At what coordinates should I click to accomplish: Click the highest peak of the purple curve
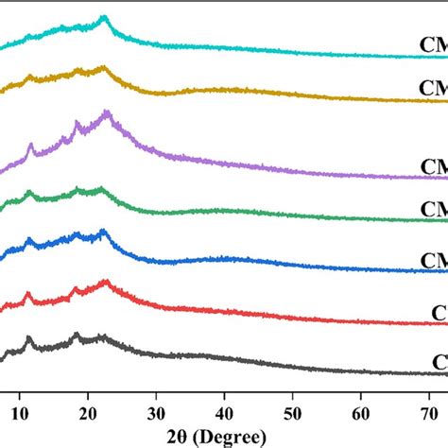coord(108,112)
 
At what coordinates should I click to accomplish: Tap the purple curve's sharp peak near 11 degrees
coord(30,145)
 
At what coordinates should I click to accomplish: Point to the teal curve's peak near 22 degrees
coord(103,17)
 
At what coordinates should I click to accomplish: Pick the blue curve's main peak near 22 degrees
coord(103,231)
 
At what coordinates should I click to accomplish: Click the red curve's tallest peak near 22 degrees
coord(105,282)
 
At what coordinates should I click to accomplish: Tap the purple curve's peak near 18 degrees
coord(78,123)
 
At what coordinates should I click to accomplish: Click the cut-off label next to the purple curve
coord(432,167)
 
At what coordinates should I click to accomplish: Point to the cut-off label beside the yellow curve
coord(432,89)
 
